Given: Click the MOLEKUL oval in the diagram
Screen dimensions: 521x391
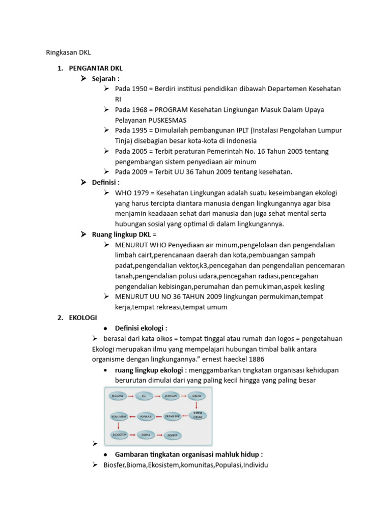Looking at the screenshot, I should (118, 395).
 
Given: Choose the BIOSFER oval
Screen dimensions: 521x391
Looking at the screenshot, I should (171, 436).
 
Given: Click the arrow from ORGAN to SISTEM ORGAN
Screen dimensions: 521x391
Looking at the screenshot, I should (197, 404).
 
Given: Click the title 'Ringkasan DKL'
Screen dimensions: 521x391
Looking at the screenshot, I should (68, 51).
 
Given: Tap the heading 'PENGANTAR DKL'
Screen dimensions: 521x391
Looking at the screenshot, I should (96, 68).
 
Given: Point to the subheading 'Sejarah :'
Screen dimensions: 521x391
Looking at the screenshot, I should (105, 79).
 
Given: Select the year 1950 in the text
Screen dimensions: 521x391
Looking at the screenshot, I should (141, 89).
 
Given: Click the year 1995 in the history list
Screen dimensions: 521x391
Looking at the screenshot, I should (141, 130).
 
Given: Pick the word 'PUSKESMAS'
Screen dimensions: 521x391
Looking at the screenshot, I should (167, 120).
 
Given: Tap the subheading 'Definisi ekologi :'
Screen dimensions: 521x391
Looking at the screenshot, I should (141, 328).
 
